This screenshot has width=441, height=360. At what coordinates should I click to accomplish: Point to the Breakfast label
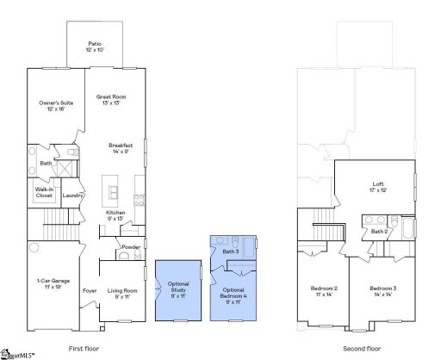120,148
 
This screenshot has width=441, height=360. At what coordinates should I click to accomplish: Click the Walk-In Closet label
44,192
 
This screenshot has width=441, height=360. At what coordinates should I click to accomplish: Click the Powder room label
131,247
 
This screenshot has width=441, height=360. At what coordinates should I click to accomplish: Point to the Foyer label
90,291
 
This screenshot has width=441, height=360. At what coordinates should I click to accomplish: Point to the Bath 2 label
378,232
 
